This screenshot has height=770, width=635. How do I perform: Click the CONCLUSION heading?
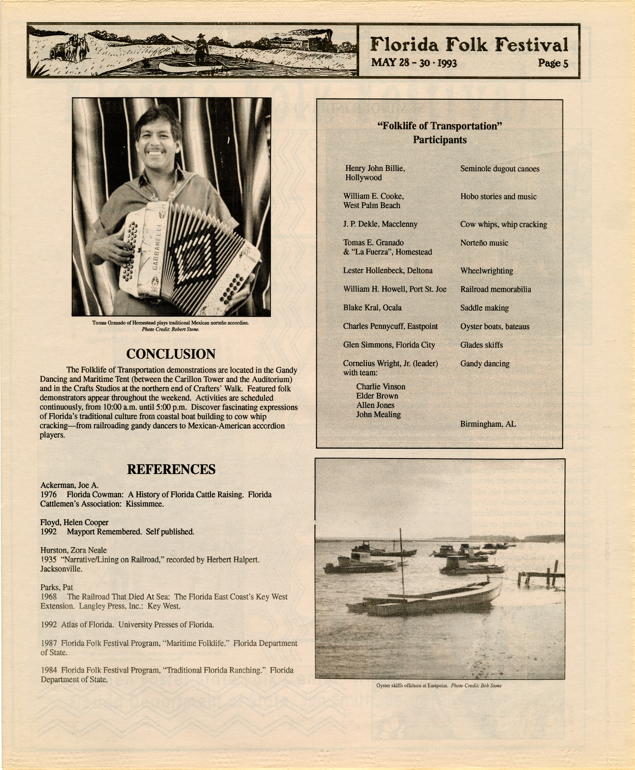pyautogui.click(x=171, y=354)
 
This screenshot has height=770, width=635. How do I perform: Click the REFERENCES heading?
pyautogui.click(x=171, y=469)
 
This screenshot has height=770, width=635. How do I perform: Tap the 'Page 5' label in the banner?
pyautogui.click(x=553, y=63)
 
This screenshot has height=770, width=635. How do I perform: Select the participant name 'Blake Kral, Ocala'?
pyautogui.click(x=372, y=308)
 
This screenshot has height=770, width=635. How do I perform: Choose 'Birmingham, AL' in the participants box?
pyautogui.click(x=488, y=424)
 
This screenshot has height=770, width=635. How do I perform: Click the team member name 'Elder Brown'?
pyautogui.click(x=377, y=396)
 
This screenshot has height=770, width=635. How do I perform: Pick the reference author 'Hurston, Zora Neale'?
pyautogui.click(x=74, y=550)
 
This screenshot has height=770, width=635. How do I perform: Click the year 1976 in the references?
pyautogui.click(x=49, y=495)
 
